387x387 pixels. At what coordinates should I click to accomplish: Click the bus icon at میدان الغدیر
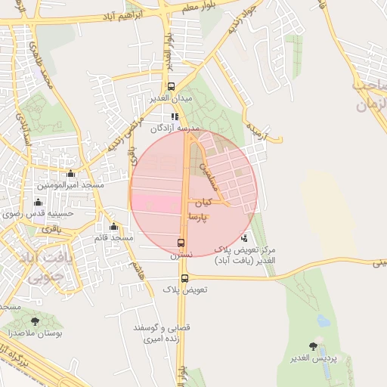point(171,86)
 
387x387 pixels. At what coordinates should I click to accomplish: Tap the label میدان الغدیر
point(171,98)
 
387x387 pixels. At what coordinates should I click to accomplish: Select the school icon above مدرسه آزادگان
point(175,117)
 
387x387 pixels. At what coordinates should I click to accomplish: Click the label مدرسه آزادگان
point(174,128)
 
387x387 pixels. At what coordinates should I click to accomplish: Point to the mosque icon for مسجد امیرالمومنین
point(70,174)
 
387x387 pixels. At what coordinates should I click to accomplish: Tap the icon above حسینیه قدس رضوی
point(38,202)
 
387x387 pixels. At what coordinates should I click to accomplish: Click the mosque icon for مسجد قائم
point(114,226)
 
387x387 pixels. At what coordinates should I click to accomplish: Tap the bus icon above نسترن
point(181,243)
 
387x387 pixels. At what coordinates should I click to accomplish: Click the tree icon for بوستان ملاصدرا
point(35,320)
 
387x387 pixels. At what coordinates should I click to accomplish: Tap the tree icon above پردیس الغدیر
point(313,345)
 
